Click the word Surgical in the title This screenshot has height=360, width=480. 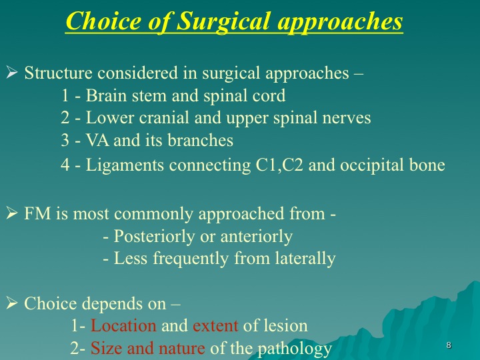tap(223, 22)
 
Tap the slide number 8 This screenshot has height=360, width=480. tap(449, 345)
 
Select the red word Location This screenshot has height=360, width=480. tap(123, 325)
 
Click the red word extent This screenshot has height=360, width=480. tap(215, 326)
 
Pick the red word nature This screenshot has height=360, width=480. tap(182, 349)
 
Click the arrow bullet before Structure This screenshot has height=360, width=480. tap(11, 73)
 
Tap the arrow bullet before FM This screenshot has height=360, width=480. tap(11, 213)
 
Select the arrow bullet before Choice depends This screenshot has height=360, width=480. tap(11, 303)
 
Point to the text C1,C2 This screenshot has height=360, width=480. tap(279, 165)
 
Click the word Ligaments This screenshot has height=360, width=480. tap(125, 165)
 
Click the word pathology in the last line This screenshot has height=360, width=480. tap(295, 349)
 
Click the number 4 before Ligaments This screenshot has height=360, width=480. tap(65, 165)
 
